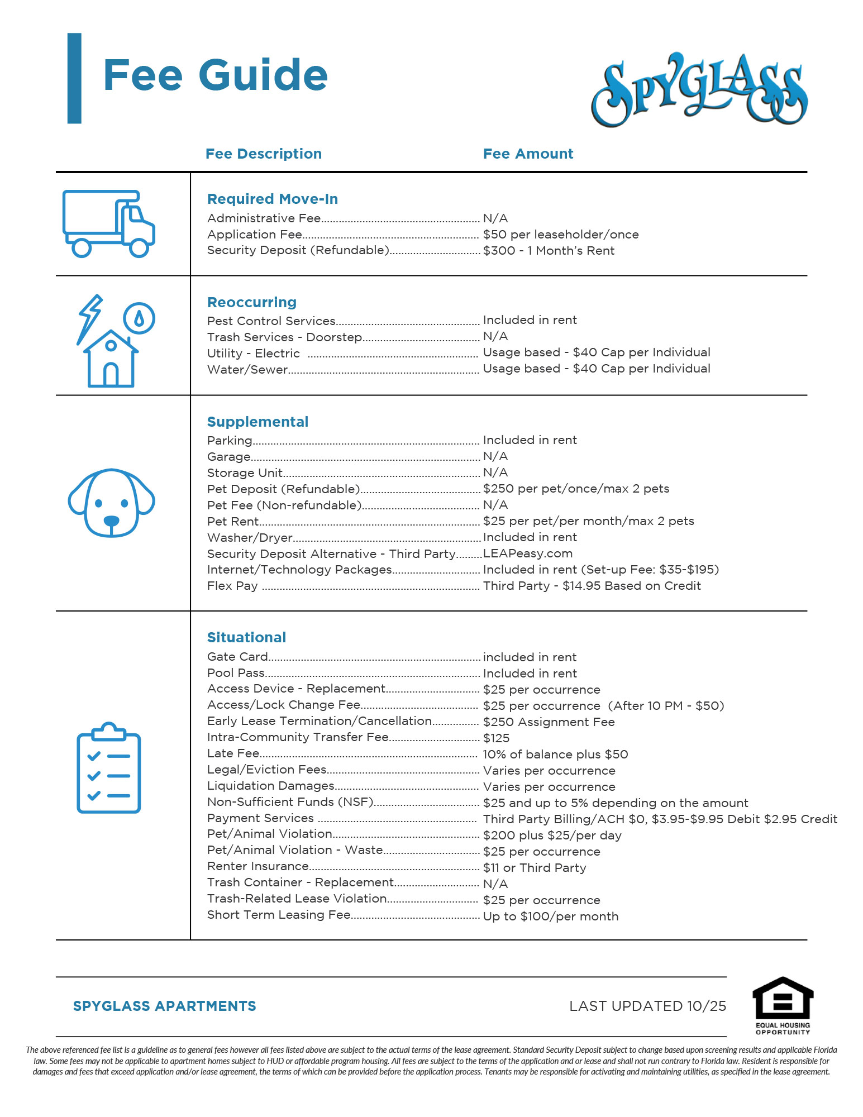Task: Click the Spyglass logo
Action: (699, 89)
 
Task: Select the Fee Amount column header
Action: (528, 154)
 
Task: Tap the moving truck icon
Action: (108, 223)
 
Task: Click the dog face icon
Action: (111, 503)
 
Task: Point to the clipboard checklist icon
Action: (108, 768)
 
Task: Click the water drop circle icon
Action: (139, 318)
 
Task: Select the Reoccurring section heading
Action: (251, 302)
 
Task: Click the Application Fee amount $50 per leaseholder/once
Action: (560, 235)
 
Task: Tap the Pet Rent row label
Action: (233, 522)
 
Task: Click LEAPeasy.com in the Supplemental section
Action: (527, 553)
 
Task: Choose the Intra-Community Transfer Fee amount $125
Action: (496, 738)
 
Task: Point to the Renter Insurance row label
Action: (258, 866)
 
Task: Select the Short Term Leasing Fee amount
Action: (550, 916)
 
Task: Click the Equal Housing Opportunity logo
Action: (783, 1005)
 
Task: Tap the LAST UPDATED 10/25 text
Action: (647, 1006)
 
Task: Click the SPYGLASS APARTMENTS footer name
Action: (164, 1006)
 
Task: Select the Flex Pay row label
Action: (232, 586)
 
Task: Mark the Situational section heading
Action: (246, 637)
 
